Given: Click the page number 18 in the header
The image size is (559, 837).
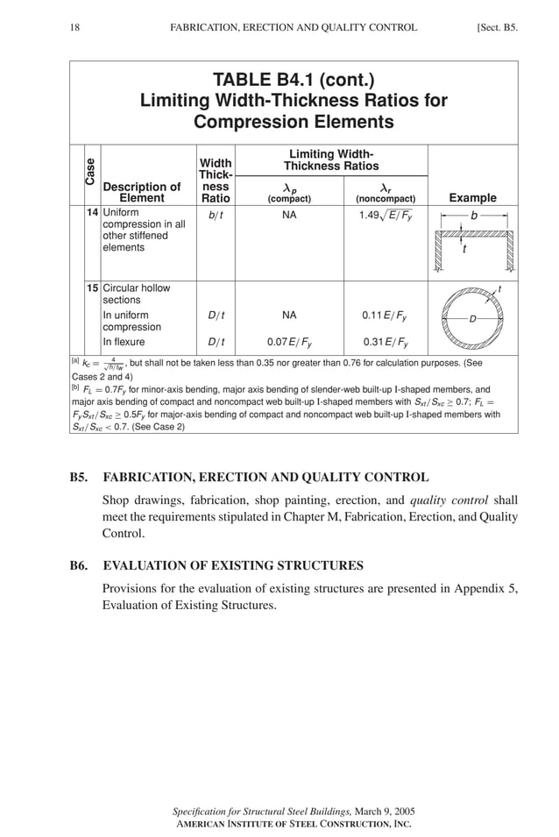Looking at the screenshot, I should [x=75, y=27].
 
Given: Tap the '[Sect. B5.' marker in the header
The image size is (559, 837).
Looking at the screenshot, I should [x=497, y=27].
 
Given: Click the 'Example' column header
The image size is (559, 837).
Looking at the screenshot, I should [x=472, y=198].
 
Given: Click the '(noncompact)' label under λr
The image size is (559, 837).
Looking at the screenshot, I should [x=385, y=199].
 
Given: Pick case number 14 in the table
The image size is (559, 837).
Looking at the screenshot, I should [x=92, y=213].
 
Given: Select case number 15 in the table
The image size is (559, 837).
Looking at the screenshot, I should [x=92, y=287].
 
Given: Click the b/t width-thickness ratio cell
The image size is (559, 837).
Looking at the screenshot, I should [x=216, y=214].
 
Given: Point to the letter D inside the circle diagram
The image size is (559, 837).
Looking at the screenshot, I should [x=473, y=317].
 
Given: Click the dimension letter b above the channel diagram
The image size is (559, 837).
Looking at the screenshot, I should [x=474, y=214].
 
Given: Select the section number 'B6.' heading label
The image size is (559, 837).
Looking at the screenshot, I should [x=81, y=565].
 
